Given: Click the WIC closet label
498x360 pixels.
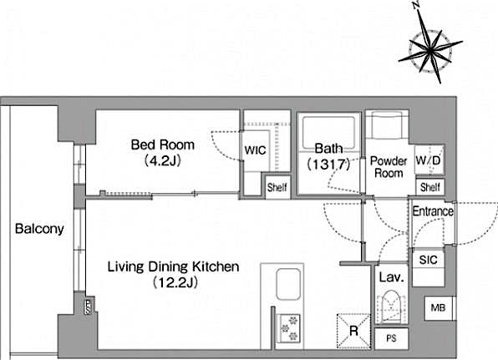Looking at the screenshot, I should point(254,152).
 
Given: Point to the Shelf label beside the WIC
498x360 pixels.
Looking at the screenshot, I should point(277,188).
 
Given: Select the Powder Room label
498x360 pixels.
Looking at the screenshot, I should point(388,166).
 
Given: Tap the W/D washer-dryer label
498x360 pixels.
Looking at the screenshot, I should point(429,160).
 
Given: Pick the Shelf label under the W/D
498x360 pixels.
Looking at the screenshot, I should point(429,188).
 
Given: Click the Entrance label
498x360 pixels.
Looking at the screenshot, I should point(433,211).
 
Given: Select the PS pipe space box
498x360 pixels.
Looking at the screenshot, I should point(391,338).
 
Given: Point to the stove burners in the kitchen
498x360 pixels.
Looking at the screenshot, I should point(289,325).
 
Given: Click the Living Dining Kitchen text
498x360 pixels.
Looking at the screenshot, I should point(173,267).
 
